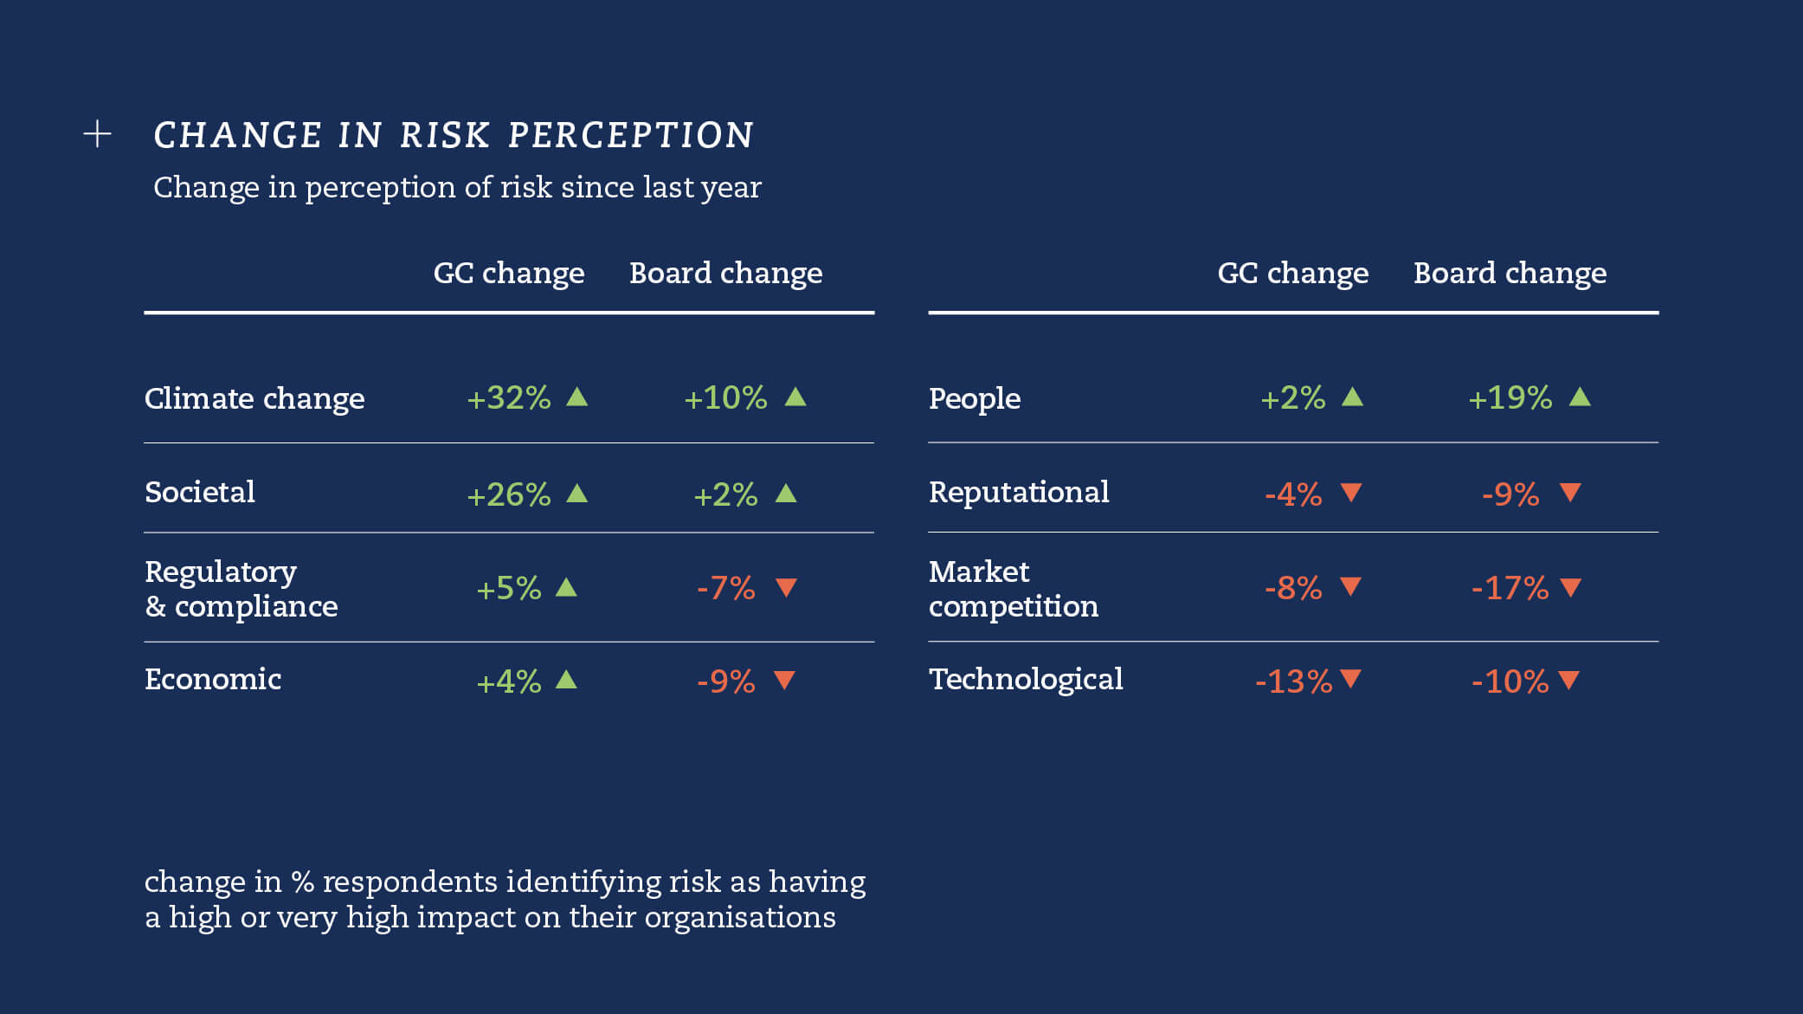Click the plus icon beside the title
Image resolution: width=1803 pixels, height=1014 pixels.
click(x=97, y=134)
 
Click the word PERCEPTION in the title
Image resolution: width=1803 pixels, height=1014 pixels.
click(x=630, y=135)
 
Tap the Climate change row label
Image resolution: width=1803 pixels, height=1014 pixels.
click(x=254, y=398)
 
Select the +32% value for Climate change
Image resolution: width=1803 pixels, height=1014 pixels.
click(x=509, y=398)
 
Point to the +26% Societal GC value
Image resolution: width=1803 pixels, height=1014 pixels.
click(x=509, y=494)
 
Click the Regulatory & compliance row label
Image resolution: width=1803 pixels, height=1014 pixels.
click(x=241, y=589)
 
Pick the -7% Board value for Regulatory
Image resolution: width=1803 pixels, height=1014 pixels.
click(x=726, y=589)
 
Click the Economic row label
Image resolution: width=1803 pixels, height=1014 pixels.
click(x=213, y=680)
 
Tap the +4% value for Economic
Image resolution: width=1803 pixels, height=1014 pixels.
click(x=509, y=681)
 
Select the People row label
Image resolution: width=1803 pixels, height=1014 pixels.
click(x=975, y=398)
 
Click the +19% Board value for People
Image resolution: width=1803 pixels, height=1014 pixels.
click(x=1510, y=398)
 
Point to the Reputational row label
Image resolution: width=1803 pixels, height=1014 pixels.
click(x=1019, y=493)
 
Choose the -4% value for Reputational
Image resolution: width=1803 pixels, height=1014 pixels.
click(x=1294, y=494)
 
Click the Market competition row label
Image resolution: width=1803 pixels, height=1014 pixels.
click(x=1013, y=589)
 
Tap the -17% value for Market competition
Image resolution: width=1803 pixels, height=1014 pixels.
click(x=1510, y=589)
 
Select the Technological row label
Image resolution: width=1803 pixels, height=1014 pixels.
click(x=1026, y=680)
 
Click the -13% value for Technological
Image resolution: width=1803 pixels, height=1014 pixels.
click(x=1294, y=681)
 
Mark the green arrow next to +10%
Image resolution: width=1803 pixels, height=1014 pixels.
click(x=795, y=397)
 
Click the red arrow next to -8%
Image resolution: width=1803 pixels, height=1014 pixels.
click(x=1350, y=587)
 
